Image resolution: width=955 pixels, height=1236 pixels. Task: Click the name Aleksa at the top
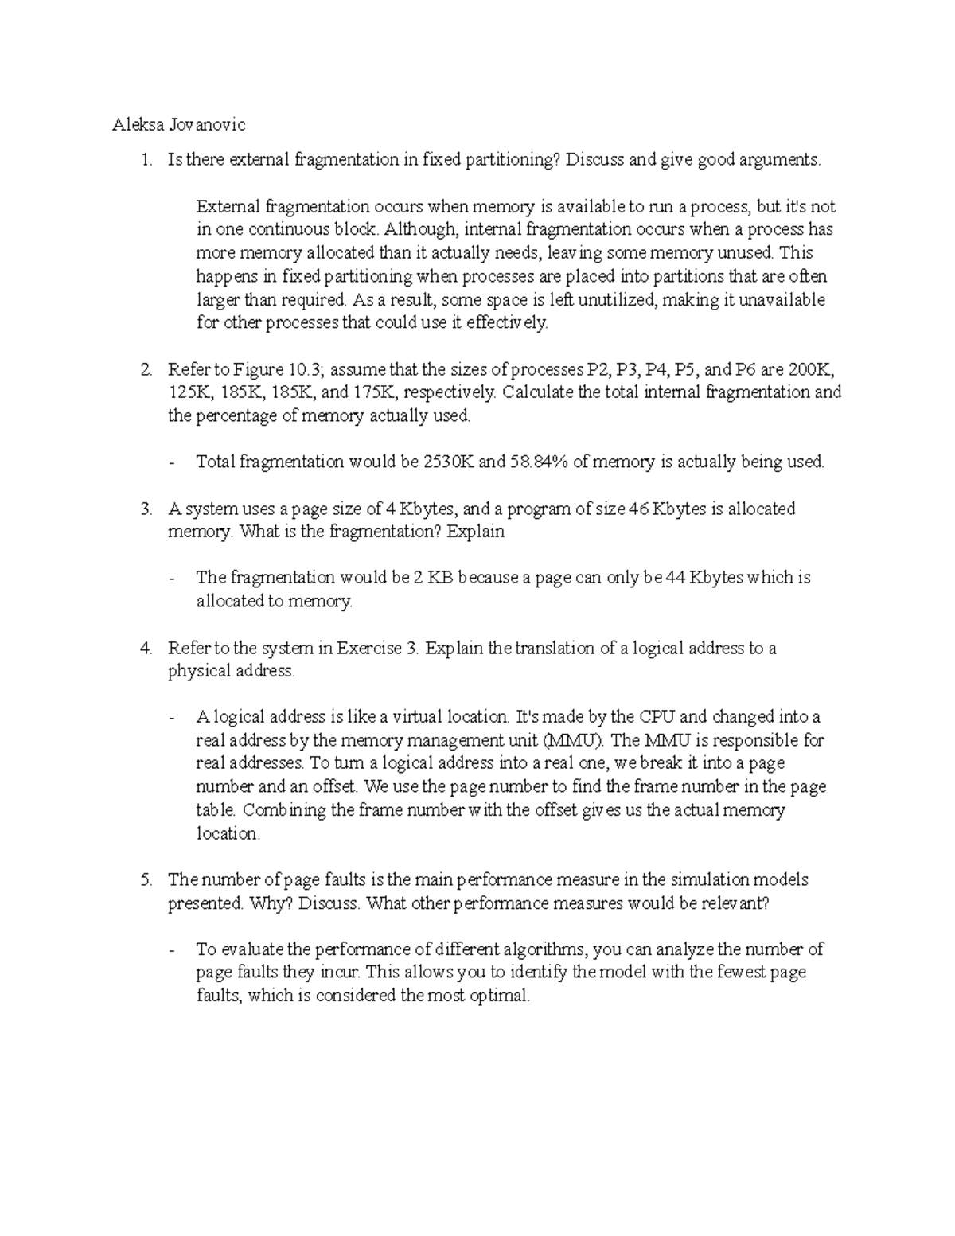click(x=136, y=124)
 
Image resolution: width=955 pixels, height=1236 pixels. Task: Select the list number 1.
click(x=145, y=160)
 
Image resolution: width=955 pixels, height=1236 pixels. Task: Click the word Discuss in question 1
click(x=596, y=160)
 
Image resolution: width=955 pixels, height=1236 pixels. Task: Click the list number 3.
click(x=145, y=509)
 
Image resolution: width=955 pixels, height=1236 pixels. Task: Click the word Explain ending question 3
click(x=475, y=532)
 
